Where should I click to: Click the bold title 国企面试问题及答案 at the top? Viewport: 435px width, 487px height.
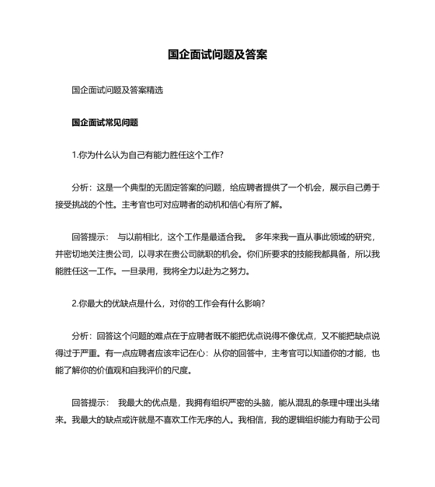(217, 55)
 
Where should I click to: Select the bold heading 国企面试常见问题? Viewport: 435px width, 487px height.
(104, 122)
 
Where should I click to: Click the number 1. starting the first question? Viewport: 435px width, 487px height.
(74, 155)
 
